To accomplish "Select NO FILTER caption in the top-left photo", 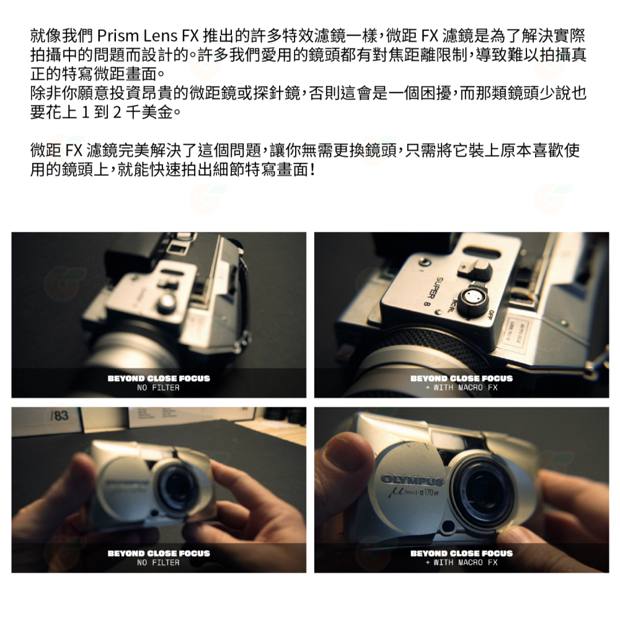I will pos(158,388).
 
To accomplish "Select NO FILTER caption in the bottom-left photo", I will pos(158,563).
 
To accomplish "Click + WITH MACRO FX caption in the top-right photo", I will pos(461,388).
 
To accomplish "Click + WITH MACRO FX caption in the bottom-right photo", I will pos(461,563).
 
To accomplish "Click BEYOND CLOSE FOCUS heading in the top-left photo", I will pos(159,378).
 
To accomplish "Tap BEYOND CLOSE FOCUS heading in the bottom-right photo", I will pos(461,553).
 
